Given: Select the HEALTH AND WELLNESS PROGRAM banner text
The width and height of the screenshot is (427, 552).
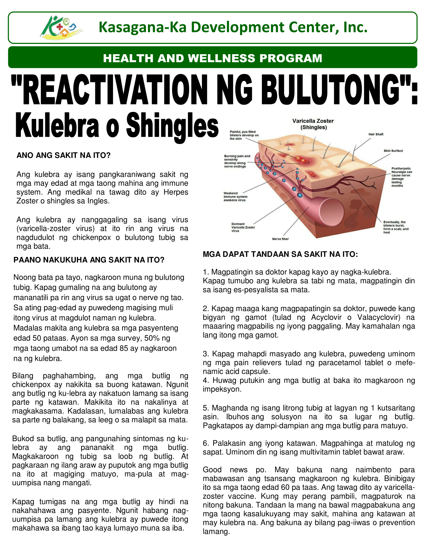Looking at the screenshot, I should tap(212, 58).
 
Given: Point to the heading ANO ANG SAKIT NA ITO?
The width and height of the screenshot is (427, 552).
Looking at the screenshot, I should tap(64, 155).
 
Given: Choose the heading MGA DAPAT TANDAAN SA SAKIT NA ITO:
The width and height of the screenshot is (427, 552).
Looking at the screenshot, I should tap(280, 254).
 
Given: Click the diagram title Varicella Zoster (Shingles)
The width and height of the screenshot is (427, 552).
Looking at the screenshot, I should tap(313, 124).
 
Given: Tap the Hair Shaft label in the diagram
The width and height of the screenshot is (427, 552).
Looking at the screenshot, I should tap(376, 134).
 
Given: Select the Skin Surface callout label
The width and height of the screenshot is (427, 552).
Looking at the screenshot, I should tap(393, 151).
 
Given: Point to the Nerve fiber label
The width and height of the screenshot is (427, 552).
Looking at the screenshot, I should tap(280, 239).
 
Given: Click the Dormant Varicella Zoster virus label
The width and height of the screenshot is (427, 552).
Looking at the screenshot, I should tap(243, 227).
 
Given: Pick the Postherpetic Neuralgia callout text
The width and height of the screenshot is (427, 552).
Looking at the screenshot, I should tap(401, 177).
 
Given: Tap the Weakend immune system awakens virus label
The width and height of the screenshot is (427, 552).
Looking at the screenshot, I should tap(235, 197).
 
